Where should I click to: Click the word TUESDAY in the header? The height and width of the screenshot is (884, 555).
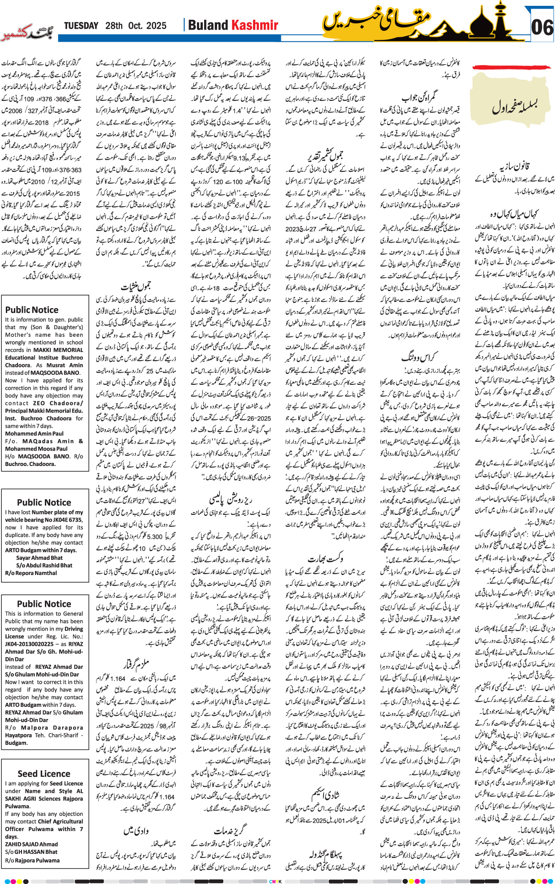coord(81,26)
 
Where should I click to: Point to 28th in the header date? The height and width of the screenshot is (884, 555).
coord(114,26)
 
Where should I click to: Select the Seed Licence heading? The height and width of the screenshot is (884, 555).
coord(44,774)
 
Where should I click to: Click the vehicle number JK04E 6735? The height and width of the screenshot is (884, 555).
coord(63,520)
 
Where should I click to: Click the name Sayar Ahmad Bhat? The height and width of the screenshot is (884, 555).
coord(39,558)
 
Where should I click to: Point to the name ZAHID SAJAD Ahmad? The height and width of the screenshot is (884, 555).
coord(31,844)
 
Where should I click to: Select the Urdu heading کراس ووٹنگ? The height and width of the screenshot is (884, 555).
coord(418,357)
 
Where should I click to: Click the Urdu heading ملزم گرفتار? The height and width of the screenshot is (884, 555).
coord(136,664)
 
